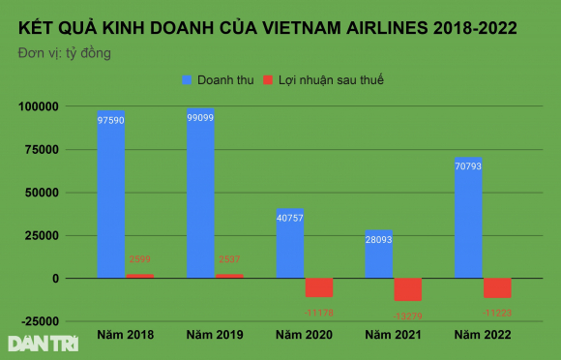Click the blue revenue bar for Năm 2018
coord(111,194)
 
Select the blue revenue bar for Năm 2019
coord(200,194)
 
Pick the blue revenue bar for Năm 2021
coord(378,255)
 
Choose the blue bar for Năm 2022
coord(468,218)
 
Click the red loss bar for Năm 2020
coord(318,287)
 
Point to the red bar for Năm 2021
coord(408,289)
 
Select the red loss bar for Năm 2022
coord(497,287)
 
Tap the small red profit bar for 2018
coord(140,276)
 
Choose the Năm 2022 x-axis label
coord(483,335)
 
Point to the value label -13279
coord(408,315)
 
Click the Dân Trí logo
coord(34,343)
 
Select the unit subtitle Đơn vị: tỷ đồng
coord(64,52)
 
